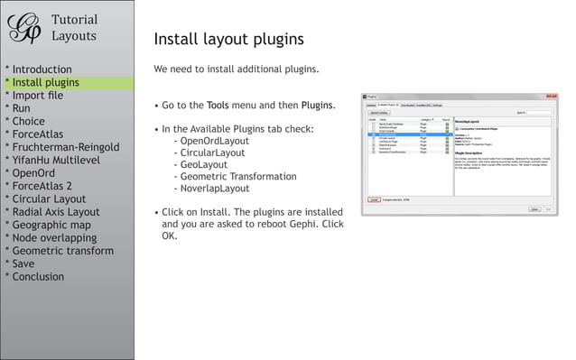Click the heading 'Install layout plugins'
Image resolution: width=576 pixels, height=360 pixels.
[x=228, y=40]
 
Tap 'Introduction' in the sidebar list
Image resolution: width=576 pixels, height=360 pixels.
[x=42, y=69]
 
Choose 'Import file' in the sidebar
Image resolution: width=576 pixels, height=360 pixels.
[x=37, y=96]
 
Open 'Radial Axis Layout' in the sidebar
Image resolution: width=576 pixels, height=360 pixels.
[x=55, y=212]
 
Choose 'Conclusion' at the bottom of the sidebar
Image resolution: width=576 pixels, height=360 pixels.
[x=38, y=277]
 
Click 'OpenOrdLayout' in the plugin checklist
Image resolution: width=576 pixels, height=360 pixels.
[x=215, y=142]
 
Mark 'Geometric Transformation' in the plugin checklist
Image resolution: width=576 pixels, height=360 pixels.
[x=238, y=177]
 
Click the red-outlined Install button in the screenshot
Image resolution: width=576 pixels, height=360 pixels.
[x=374, y=200]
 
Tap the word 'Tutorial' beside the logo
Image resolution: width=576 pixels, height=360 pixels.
[x=75, y=20]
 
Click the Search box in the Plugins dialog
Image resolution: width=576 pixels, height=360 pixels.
[x=539, y=113]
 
